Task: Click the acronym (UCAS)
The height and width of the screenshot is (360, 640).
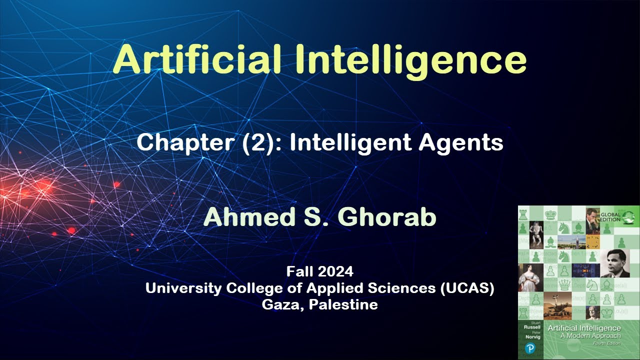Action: coord(467,288)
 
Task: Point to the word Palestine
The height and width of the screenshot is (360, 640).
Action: coord(343,304)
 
